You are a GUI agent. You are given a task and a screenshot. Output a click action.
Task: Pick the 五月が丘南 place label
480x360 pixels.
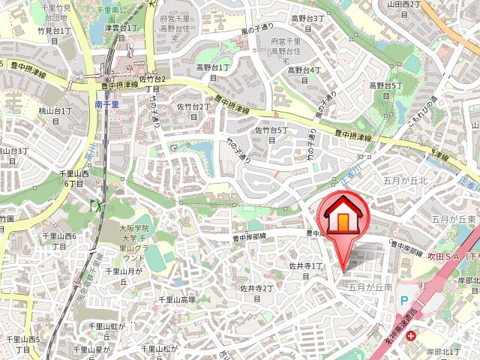pos(370,286)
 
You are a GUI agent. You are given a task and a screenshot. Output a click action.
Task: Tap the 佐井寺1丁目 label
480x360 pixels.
pos(306,271)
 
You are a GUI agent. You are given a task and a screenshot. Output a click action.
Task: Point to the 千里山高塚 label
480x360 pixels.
pos(176,299)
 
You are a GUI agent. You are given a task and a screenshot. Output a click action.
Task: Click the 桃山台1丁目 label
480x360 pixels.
pos(55,115)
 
